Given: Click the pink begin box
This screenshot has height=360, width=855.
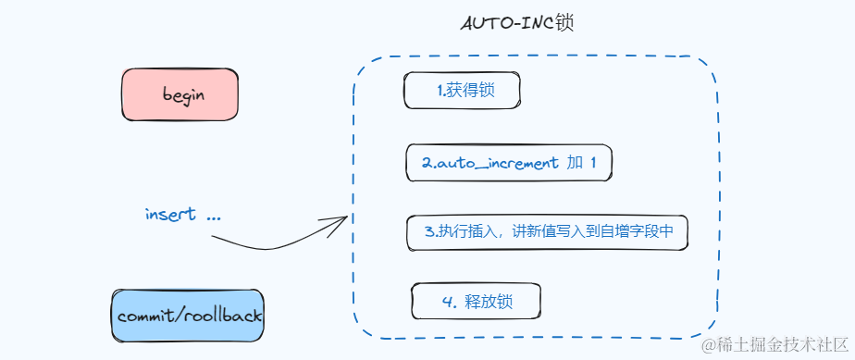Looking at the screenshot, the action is point(180,94).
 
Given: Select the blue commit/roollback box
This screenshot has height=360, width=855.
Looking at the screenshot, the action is point(188,316).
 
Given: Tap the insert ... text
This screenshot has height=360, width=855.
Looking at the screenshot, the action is point(183,215).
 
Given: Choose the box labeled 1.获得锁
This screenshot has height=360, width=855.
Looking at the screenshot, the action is point(462,91).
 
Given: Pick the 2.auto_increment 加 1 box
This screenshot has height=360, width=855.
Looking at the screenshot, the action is point(509,163).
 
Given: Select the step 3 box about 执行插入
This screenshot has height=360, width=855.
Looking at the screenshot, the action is point(548,231).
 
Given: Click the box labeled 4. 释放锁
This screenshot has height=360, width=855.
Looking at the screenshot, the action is point(476,301).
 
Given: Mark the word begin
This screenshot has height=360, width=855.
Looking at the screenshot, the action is point(184,95).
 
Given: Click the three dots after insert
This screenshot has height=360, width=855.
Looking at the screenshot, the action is point(214,218).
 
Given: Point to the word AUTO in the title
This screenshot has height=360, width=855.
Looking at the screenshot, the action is point(481,25).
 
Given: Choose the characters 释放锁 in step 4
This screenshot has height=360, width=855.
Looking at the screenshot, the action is point(489,302).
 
